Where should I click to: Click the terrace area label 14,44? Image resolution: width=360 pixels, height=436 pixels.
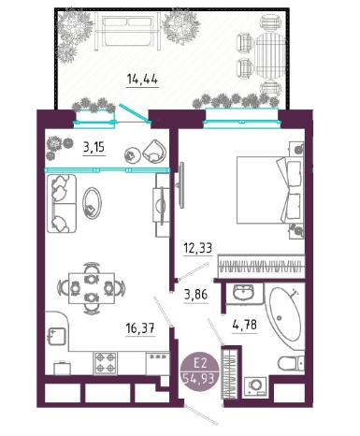click(142, 80)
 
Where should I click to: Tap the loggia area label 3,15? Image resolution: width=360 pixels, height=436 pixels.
click(94, 147)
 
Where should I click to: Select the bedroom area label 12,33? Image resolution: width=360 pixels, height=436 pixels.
click(197, 248)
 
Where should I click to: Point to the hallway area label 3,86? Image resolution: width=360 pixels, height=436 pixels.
click(195, 295)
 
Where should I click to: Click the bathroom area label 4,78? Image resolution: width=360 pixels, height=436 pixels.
click(245, 325)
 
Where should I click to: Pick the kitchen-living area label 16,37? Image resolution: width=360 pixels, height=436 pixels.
click(140, 328)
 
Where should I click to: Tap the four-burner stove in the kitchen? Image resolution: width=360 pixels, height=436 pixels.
click(106, 363)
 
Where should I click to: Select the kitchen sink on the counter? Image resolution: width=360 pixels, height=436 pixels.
click(56, 337)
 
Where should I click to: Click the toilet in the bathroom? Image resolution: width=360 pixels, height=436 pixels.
click(291, 362)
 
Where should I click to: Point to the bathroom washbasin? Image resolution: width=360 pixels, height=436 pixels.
click(243, 293)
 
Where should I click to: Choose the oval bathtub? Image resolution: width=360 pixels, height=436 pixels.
click(285, 317)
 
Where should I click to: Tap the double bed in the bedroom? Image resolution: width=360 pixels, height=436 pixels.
click(269, 190)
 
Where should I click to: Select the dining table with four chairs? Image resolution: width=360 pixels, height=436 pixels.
click(92, 288)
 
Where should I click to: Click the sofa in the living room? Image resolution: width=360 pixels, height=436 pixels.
click(62, 204)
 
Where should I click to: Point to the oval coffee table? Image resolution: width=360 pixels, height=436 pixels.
click(92, 203)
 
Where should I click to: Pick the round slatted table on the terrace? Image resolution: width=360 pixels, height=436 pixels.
click(270, 56)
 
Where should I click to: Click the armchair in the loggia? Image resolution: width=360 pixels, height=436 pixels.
click(154, 151)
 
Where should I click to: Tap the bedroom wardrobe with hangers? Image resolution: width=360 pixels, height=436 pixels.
click(261, 266)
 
